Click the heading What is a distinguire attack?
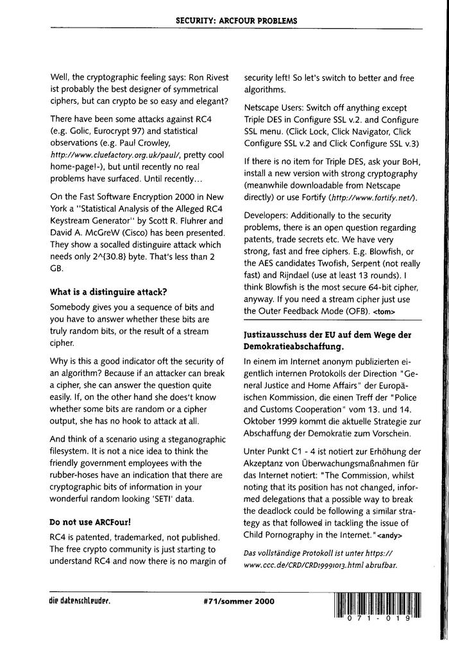[108, 292]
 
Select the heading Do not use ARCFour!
[90, 523]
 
